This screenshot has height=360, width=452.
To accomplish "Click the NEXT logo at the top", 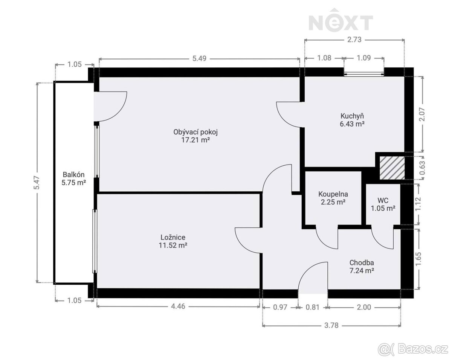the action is click(341, 20).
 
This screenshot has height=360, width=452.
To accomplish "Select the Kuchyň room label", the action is click(352, 116).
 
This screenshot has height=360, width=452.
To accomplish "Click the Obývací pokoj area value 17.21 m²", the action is click(195, 140).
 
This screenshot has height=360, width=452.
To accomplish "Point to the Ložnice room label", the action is click(173, 237).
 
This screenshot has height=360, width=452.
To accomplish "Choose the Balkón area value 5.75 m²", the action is click(73, 183).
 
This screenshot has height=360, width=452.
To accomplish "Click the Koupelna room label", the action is click(333, 194).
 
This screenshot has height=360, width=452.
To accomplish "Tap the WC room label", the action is click(383, 200).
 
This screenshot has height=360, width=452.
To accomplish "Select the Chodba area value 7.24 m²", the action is click(362, 270).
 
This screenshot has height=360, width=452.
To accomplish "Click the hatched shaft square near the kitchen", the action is click(392, 168).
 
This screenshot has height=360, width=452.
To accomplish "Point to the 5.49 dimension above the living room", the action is click(199, 58).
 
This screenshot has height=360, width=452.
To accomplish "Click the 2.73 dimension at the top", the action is click(354, 40).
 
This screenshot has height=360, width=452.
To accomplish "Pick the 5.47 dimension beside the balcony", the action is click(37, 183).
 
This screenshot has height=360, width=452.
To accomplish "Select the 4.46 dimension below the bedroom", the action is click(178, 307).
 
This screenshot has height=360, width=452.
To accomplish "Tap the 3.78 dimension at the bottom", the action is click(331, 325).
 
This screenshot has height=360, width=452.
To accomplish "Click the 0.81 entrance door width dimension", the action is click(312, 307).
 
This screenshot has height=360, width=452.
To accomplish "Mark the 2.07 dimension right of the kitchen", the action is click(422, 114).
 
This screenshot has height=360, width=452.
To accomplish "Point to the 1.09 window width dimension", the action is click(364, 58).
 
